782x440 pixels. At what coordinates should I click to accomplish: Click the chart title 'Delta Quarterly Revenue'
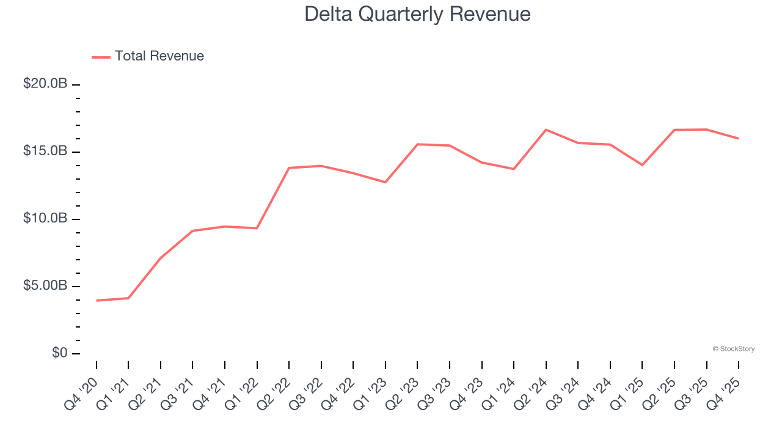[417, 14]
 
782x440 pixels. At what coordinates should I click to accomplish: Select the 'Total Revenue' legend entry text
[159, 56]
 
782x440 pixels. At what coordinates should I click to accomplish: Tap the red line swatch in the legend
[101, 57]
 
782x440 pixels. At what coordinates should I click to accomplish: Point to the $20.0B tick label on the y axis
[45, 84]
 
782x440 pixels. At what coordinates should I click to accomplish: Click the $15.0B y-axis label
[45, 151]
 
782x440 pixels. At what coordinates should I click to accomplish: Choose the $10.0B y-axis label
[45, 219]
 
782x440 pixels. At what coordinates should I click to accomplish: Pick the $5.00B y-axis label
[45, 286]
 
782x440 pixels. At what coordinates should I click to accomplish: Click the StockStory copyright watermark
[733, 349]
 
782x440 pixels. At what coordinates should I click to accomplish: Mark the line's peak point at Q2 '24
[546, 130]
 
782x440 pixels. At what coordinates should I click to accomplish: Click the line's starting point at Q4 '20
[97, 301]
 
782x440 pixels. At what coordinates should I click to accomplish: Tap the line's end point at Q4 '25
[738, 138]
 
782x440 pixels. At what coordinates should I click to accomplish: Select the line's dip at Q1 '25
[642, 165]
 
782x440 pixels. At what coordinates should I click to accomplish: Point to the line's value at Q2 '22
[289, 167]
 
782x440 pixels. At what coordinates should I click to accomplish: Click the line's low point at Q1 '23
[386, 182]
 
